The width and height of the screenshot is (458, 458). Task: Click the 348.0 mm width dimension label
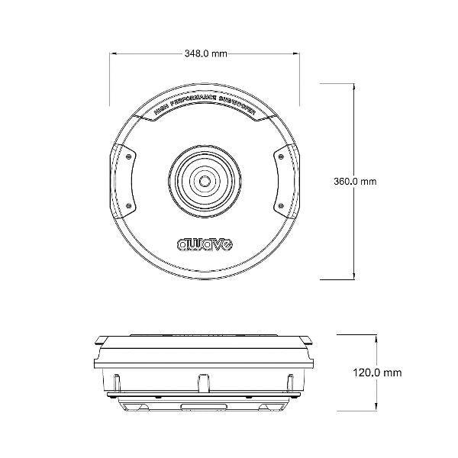pos(205,54)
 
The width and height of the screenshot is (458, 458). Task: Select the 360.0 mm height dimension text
pos(356,182)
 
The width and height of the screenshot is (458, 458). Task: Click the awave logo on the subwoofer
pos(205,244)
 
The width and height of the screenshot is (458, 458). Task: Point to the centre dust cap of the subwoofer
pos(205,182)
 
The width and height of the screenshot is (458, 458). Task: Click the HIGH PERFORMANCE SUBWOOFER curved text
pos(205,111)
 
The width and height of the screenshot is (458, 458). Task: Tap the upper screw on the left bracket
pos(131,156)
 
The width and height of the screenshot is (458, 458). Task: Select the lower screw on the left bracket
pos(131,205)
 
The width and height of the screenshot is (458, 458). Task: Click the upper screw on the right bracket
pos(279,156)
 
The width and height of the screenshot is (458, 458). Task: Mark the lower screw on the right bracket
pos(279,205)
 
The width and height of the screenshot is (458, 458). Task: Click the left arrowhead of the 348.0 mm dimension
pos(114,54)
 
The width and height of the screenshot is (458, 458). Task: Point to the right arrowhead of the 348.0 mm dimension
pos(296,54)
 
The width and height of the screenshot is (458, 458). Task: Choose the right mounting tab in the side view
pos(308,339)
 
